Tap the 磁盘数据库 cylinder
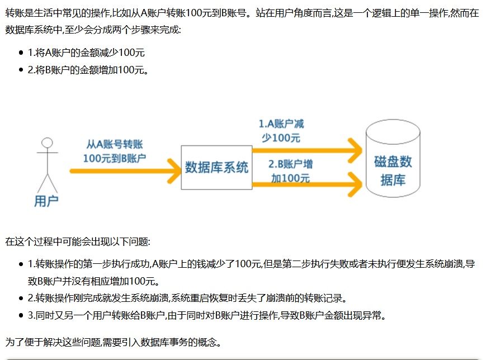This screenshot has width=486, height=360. click(393, 162)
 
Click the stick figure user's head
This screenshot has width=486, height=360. click(48, 142)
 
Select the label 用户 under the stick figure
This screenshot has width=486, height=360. click(46, 201)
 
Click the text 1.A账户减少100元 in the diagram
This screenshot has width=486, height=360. click(281, 131)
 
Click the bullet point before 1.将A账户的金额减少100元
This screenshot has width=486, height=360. click(21, 53)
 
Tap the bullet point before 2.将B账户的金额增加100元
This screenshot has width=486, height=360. click(21, 70)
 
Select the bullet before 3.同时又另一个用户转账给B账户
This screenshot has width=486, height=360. click(21, 316)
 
